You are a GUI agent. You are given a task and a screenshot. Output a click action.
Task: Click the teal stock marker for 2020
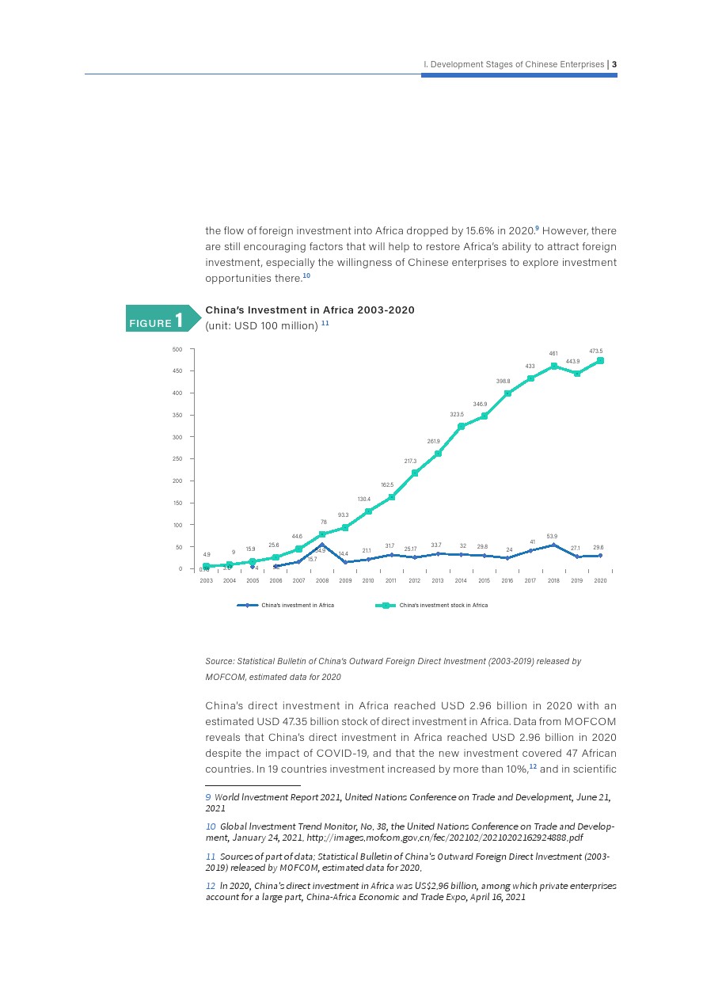[x=601, y=360]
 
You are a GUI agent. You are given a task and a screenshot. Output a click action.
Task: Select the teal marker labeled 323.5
[x=461, y=426]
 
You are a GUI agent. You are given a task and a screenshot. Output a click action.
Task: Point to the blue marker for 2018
[x=553, y=545]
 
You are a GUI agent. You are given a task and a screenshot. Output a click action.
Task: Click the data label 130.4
[x=364, y=500]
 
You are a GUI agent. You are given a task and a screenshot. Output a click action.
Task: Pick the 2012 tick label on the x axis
[x=414, y=581]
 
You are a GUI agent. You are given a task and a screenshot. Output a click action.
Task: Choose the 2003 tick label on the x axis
[x=206, y=581]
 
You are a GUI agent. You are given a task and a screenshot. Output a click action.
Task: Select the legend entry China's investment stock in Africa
[x=443, y=606]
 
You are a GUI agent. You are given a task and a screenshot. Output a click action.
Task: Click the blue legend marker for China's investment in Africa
[x=248, y=606]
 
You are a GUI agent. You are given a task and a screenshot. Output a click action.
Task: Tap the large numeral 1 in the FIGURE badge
[x=180, y=320]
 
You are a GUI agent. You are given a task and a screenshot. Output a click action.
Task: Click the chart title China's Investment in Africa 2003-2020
[x=310, y=310]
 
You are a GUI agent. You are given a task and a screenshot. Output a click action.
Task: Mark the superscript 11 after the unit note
[x=325, y=324]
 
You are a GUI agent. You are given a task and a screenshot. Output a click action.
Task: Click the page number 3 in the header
[x=614, y=64]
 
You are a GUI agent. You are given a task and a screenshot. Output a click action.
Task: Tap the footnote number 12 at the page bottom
[x=210, y=886]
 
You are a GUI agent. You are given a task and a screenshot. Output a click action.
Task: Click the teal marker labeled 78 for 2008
[x=322, y=534]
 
